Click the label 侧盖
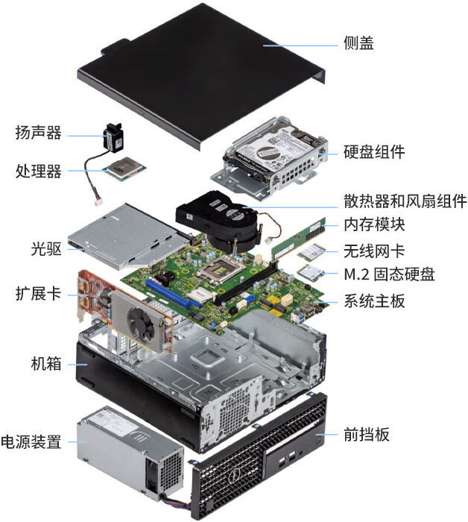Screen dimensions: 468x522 click(x=358, y=43)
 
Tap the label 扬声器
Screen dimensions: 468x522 click(x=39, y=133)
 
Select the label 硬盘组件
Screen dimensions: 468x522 click(x=374, y=152)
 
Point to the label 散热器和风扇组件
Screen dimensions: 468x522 click(x=405, y=201)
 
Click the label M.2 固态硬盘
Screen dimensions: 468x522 click(x=389, y=274)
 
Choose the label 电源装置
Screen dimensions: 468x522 click(x=31, y=441)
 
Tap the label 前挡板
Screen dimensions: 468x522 click(x=366, y=435)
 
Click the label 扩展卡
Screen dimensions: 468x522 click(x=39, y=294)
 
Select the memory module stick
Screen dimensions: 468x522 click(x=298, y=239)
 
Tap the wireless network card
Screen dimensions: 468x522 click(x=311, y=252)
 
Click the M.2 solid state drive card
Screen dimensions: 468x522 click(x=311, y=274)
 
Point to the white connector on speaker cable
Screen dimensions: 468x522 click(x=98, y=202)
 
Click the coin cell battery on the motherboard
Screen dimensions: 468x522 click(x=165, y=275)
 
